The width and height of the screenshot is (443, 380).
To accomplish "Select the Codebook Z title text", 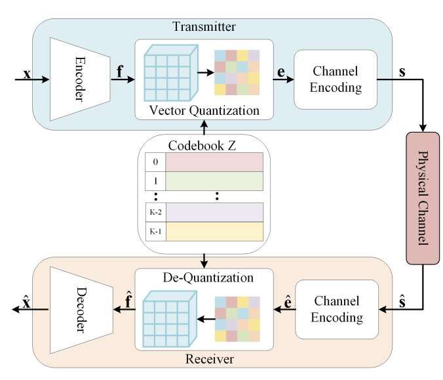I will click(x=204, y=145).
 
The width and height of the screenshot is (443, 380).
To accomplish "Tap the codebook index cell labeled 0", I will click(x=155, y=161).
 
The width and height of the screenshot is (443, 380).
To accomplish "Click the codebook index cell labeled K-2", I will click(x=155, y=212).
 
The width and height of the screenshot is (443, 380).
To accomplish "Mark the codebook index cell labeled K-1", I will click(x=155, y=231).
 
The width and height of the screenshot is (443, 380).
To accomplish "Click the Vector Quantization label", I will click(x=204, y=110).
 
